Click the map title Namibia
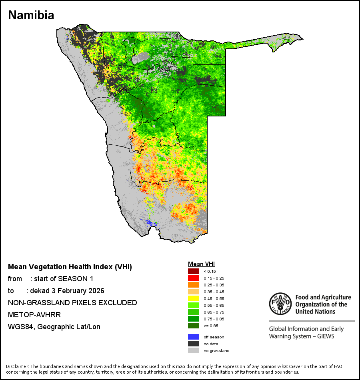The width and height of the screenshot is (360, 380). pyautogui.click(x=31, y=15)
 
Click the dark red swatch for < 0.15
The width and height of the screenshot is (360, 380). pyautogui.click(x=193, y=272)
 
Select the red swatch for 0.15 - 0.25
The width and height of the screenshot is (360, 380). pyautogui.click(x=193, y=278)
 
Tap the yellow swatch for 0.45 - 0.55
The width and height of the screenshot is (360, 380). pyautogui.click(x=193, y=298)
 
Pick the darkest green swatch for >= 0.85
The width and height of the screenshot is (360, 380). pyautogui.click(x=193, y=326)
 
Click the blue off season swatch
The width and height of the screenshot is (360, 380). pyautogui.click(x=193, y=337)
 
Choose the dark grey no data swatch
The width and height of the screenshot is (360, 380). pyautogui.click(x=193, y=344)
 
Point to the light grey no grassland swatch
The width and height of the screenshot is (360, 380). pyautogui.click(x=193, y=351)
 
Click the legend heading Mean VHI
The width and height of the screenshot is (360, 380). pyautogui.click(x=201, y=264)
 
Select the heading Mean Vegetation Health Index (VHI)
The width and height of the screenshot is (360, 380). pyautogui.click(x=70, y=267)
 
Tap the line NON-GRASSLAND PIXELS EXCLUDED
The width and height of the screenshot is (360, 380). pyautogui.click(x=72, y=303)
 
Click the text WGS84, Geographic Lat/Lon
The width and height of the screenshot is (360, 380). pyautogui.click(x=54, y=327)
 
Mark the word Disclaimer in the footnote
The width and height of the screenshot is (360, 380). pyautogui.click(x=17, y=366)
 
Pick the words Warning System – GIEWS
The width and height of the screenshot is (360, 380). pyautogui.click(x=302, y=336)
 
